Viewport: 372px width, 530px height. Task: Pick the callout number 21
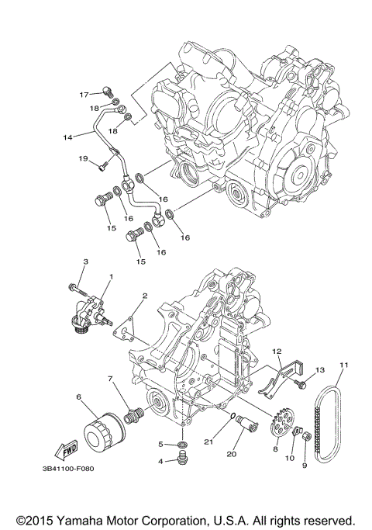(208, 442)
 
